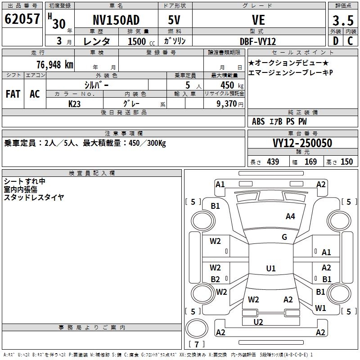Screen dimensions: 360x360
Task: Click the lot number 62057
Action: point(22,19)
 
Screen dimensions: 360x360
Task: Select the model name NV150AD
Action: point(116,20)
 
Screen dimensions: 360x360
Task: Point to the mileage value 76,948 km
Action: point(54,65)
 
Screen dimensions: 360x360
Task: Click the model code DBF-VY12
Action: point(258,41)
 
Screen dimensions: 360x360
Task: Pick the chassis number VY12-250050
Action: point(302,144)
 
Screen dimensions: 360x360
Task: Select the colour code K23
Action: point(75,103)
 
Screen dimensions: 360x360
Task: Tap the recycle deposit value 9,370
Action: point(224,103)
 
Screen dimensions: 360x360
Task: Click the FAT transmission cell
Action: point(13,94)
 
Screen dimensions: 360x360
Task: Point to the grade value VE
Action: point(258,20)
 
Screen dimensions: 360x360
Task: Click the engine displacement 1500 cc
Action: point(139,41)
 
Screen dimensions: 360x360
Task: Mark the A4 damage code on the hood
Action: point(290,216)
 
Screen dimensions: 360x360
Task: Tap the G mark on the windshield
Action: point(284,237)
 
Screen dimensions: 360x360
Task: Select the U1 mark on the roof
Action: point(271,269)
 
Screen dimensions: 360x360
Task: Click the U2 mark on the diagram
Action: point(258,322)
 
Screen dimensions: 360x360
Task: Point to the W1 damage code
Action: point(320,308)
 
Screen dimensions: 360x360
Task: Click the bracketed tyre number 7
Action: point(197,345)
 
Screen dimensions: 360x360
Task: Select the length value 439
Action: point(273,162)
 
